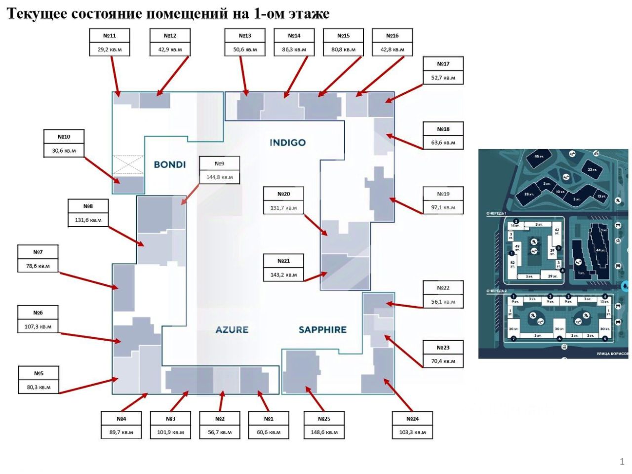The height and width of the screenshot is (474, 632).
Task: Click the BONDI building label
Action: pos(169,164)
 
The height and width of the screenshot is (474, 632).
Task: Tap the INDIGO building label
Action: pos(287,143)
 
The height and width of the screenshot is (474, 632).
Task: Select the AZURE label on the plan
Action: pos(232,329)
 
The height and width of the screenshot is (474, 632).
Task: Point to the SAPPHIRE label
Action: pos(322,329)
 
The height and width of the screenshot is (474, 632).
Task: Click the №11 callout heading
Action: pos(110,36)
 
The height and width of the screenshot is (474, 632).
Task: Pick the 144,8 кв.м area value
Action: pos(220,177)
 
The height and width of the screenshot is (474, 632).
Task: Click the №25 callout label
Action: pos(324,419)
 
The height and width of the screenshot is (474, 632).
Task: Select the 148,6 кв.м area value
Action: pos(324,432)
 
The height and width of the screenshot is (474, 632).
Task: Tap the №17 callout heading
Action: pos(443,64)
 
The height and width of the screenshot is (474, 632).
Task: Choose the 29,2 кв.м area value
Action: pos(110,49)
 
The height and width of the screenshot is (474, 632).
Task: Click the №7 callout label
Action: pos(38,252)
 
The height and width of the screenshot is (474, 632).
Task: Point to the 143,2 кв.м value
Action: pos(283,275)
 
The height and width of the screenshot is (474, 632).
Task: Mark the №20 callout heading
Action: pos(283,194)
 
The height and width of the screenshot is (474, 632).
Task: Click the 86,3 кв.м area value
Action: pos(294,49)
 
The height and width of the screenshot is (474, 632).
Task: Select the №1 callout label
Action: pos(269,419)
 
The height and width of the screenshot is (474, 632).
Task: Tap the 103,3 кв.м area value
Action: pos(413,432)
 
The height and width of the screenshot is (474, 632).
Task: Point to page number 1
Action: pos(622,462)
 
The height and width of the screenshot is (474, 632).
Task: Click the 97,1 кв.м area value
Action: pos(443,207)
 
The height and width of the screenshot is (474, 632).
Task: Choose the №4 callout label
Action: pos(121,419)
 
